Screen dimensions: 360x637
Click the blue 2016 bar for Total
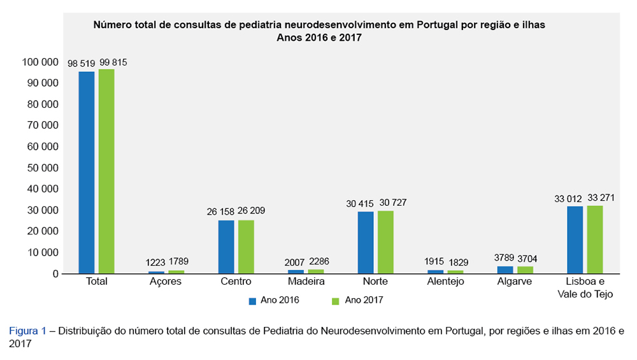tap(87, 173)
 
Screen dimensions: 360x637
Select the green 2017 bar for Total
tap(106, 171)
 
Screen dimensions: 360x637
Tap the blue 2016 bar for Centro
tap(226, 247)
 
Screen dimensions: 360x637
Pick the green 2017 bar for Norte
tap(385, 242)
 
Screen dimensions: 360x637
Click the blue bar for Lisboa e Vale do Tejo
tap(575, 240)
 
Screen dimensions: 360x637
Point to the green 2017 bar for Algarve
tap(525, 270)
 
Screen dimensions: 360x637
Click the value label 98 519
tap(82, 63)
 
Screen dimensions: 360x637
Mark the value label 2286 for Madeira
tap(318, 261)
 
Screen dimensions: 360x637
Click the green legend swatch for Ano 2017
tap(336, 300)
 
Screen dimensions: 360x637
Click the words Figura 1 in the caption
tap(27, 331)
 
